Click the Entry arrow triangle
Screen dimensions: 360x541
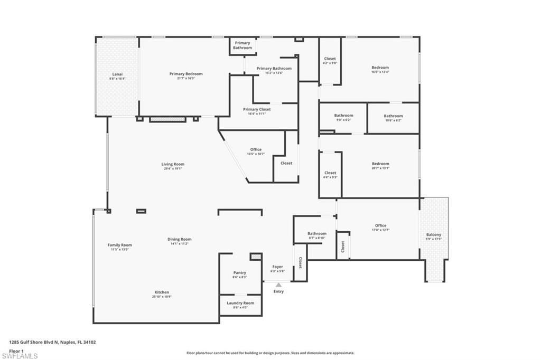point(278,285)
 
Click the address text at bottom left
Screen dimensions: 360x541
point(52,342)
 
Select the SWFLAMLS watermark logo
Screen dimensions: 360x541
point(20,356)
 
